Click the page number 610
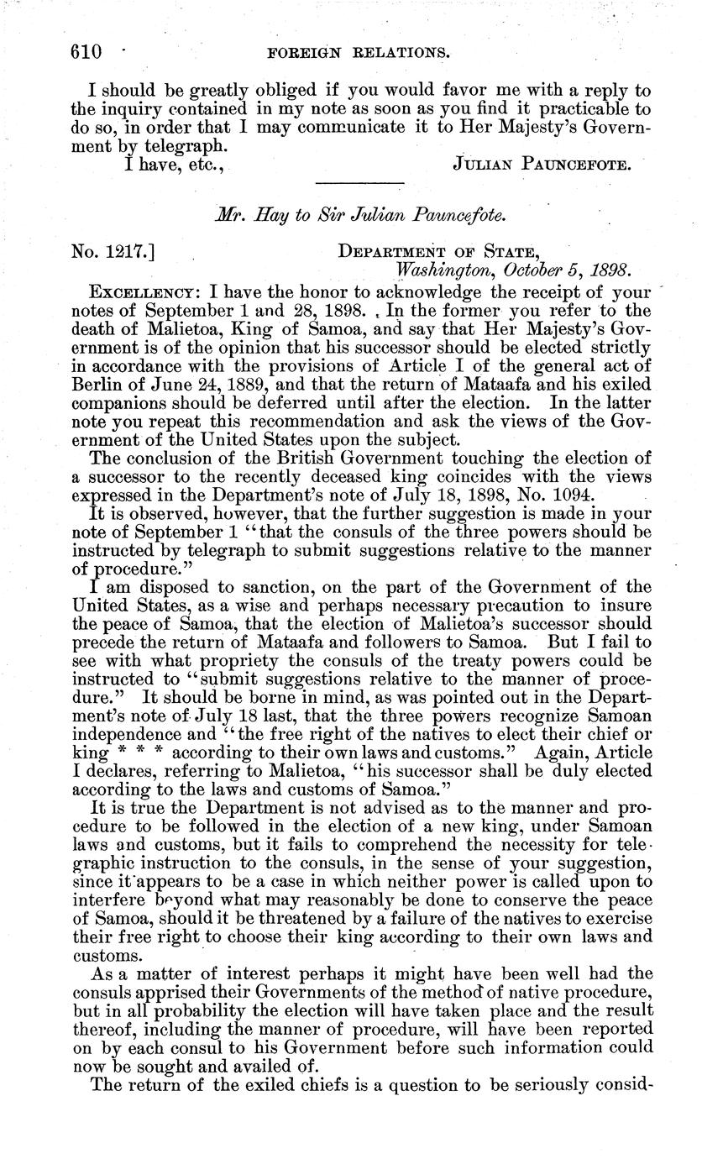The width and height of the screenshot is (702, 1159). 86,52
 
